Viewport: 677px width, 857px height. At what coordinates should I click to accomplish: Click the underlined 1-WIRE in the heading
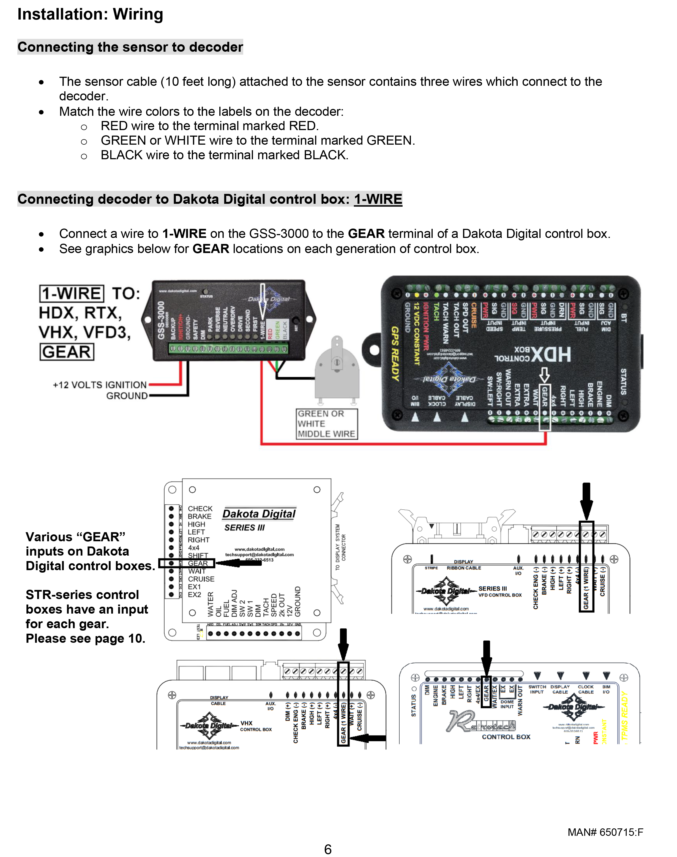[378, 199]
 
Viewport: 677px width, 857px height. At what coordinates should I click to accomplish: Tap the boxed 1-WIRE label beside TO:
[72, 294]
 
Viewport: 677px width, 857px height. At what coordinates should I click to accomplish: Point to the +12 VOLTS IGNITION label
[100, 385]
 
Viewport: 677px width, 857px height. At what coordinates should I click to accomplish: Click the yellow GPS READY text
[395, 354]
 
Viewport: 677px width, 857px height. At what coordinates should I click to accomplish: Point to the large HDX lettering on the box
[552, 354]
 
